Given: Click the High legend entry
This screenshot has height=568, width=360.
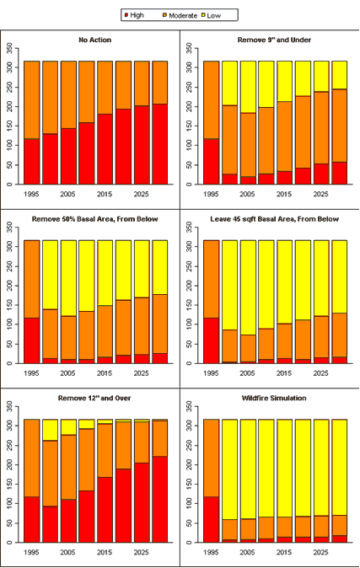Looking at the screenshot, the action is [x=134, y=15].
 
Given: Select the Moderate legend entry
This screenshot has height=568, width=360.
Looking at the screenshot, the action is [x=180, y=15].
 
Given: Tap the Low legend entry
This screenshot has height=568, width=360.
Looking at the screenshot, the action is [x=211, y=15].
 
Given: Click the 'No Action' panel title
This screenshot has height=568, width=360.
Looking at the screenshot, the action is [x=95, y=40].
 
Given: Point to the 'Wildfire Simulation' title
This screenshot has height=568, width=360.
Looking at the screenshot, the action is [x=274, y=398].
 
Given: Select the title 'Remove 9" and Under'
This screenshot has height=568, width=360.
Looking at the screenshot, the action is [x=274, y=40].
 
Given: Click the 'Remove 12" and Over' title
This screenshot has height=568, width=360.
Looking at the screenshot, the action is [x=94, y=398].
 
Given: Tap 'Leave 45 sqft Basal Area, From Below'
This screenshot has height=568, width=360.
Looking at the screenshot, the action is [x=275, y=219].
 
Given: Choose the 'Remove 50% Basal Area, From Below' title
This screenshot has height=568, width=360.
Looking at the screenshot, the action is [x=95, y=219].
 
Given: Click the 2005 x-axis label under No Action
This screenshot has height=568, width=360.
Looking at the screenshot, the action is [x=67, y=194].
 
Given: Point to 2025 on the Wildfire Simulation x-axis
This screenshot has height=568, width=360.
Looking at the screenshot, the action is [x=321, y=553].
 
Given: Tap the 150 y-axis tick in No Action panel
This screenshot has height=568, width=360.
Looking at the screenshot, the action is [x=9, y=126].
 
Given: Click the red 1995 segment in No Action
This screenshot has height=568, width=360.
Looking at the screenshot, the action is [x=31, y=162].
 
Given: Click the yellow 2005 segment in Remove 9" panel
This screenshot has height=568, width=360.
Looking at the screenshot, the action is [x=248, y=87].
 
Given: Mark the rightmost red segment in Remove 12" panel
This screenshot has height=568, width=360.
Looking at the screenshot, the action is [x=160, y=500].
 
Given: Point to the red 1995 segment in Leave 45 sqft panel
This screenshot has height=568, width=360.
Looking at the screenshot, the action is [x=211, y=340].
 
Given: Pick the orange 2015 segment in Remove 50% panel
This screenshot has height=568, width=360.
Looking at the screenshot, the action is [x=105, y=331].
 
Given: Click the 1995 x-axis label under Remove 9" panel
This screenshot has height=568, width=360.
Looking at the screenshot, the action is [x=211, y=194].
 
